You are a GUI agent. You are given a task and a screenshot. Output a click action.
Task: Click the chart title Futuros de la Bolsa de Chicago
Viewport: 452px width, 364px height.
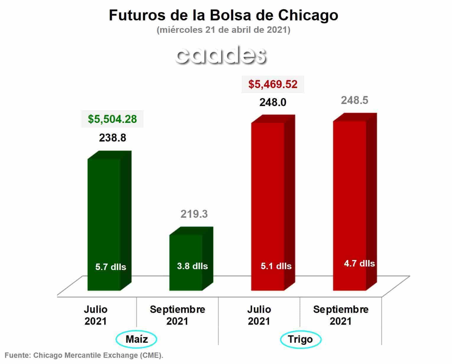[223, 16]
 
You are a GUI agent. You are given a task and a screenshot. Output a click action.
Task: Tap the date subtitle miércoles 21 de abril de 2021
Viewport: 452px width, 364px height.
[223, 30]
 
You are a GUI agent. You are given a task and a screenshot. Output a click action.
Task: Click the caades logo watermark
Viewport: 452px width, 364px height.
[221, 55]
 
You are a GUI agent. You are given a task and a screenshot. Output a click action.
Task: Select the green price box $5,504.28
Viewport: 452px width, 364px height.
[112, 119]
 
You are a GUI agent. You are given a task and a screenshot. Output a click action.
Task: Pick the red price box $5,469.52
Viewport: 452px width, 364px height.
[273, 84]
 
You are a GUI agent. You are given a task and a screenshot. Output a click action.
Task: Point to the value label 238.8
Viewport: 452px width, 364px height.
[113, 138]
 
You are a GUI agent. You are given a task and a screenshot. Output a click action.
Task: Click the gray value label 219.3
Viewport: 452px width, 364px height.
[194, 214]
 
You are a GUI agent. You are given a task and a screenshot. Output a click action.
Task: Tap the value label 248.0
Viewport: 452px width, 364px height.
[273, 103]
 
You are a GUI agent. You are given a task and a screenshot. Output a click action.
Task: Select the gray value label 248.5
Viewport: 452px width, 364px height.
[355, 100]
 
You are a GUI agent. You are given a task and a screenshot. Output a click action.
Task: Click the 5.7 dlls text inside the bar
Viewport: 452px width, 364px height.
[111, 267]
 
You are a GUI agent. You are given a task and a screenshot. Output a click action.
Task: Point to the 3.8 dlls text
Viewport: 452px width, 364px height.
[192, 266]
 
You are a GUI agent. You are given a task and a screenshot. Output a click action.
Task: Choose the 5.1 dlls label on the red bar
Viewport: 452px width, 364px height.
[276, 266]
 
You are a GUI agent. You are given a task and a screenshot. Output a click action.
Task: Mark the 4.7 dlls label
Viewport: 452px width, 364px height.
[359, 263]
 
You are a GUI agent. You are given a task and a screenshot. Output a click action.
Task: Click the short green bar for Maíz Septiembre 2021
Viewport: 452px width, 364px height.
[191, 259]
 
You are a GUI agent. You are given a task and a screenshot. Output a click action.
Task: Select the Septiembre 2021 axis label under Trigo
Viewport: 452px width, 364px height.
[341, 315]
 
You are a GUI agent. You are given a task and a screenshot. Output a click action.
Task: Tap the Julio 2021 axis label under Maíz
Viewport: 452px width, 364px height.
[96, 315]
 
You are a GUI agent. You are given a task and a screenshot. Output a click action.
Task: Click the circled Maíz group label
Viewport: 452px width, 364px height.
[136, 339]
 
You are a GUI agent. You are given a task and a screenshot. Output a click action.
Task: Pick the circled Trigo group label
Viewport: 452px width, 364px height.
[301, 339]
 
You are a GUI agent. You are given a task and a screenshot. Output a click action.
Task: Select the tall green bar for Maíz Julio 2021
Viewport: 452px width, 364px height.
[109, 221]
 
